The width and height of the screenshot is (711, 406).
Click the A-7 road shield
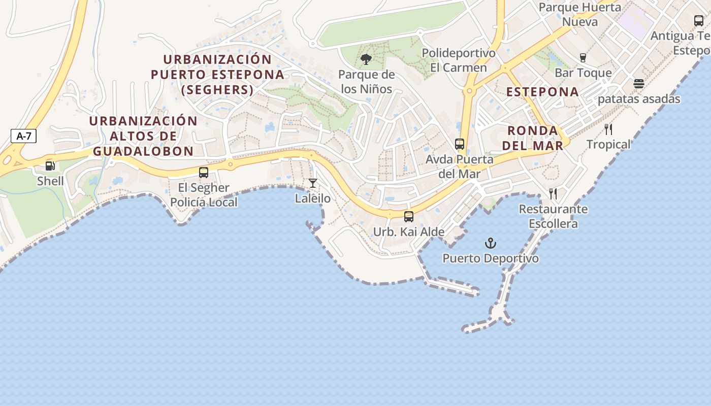coord(23,136)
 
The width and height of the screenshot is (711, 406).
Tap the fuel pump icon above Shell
coord(50,166)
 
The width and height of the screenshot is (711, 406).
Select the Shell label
coord(50,181)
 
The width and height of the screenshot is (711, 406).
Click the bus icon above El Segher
coord(204,173)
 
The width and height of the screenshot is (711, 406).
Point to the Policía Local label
coord(204,202)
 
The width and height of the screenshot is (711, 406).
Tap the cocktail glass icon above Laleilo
coord(313,183)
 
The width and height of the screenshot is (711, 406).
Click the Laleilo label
coord(313,198)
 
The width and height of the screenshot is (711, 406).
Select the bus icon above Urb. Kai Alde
coord(409,217)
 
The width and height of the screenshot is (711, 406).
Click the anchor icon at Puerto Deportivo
coord(490,243)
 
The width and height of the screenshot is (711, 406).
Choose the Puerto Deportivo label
coord(490,258)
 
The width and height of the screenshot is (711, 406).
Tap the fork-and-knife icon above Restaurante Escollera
coord(553,194)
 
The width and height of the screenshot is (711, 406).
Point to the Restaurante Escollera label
coord(553,216)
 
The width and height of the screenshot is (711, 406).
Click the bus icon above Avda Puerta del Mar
coord(460,144)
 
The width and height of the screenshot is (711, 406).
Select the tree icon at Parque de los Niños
coord(366,60)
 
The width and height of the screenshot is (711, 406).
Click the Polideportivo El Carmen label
coord(458,60)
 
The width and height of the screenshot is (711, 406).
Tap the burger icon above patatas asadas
coord(639,84)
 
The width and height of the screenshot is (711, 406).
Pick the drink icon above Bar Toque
coord(583,58)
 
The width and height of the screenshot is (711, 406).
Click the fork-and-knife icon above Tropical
coord(608,129)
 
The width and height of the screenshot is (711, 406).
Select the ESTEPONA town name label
coord(542,92)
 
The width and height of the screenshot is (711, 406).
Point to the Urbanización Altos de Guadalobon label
coord(143,136)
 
